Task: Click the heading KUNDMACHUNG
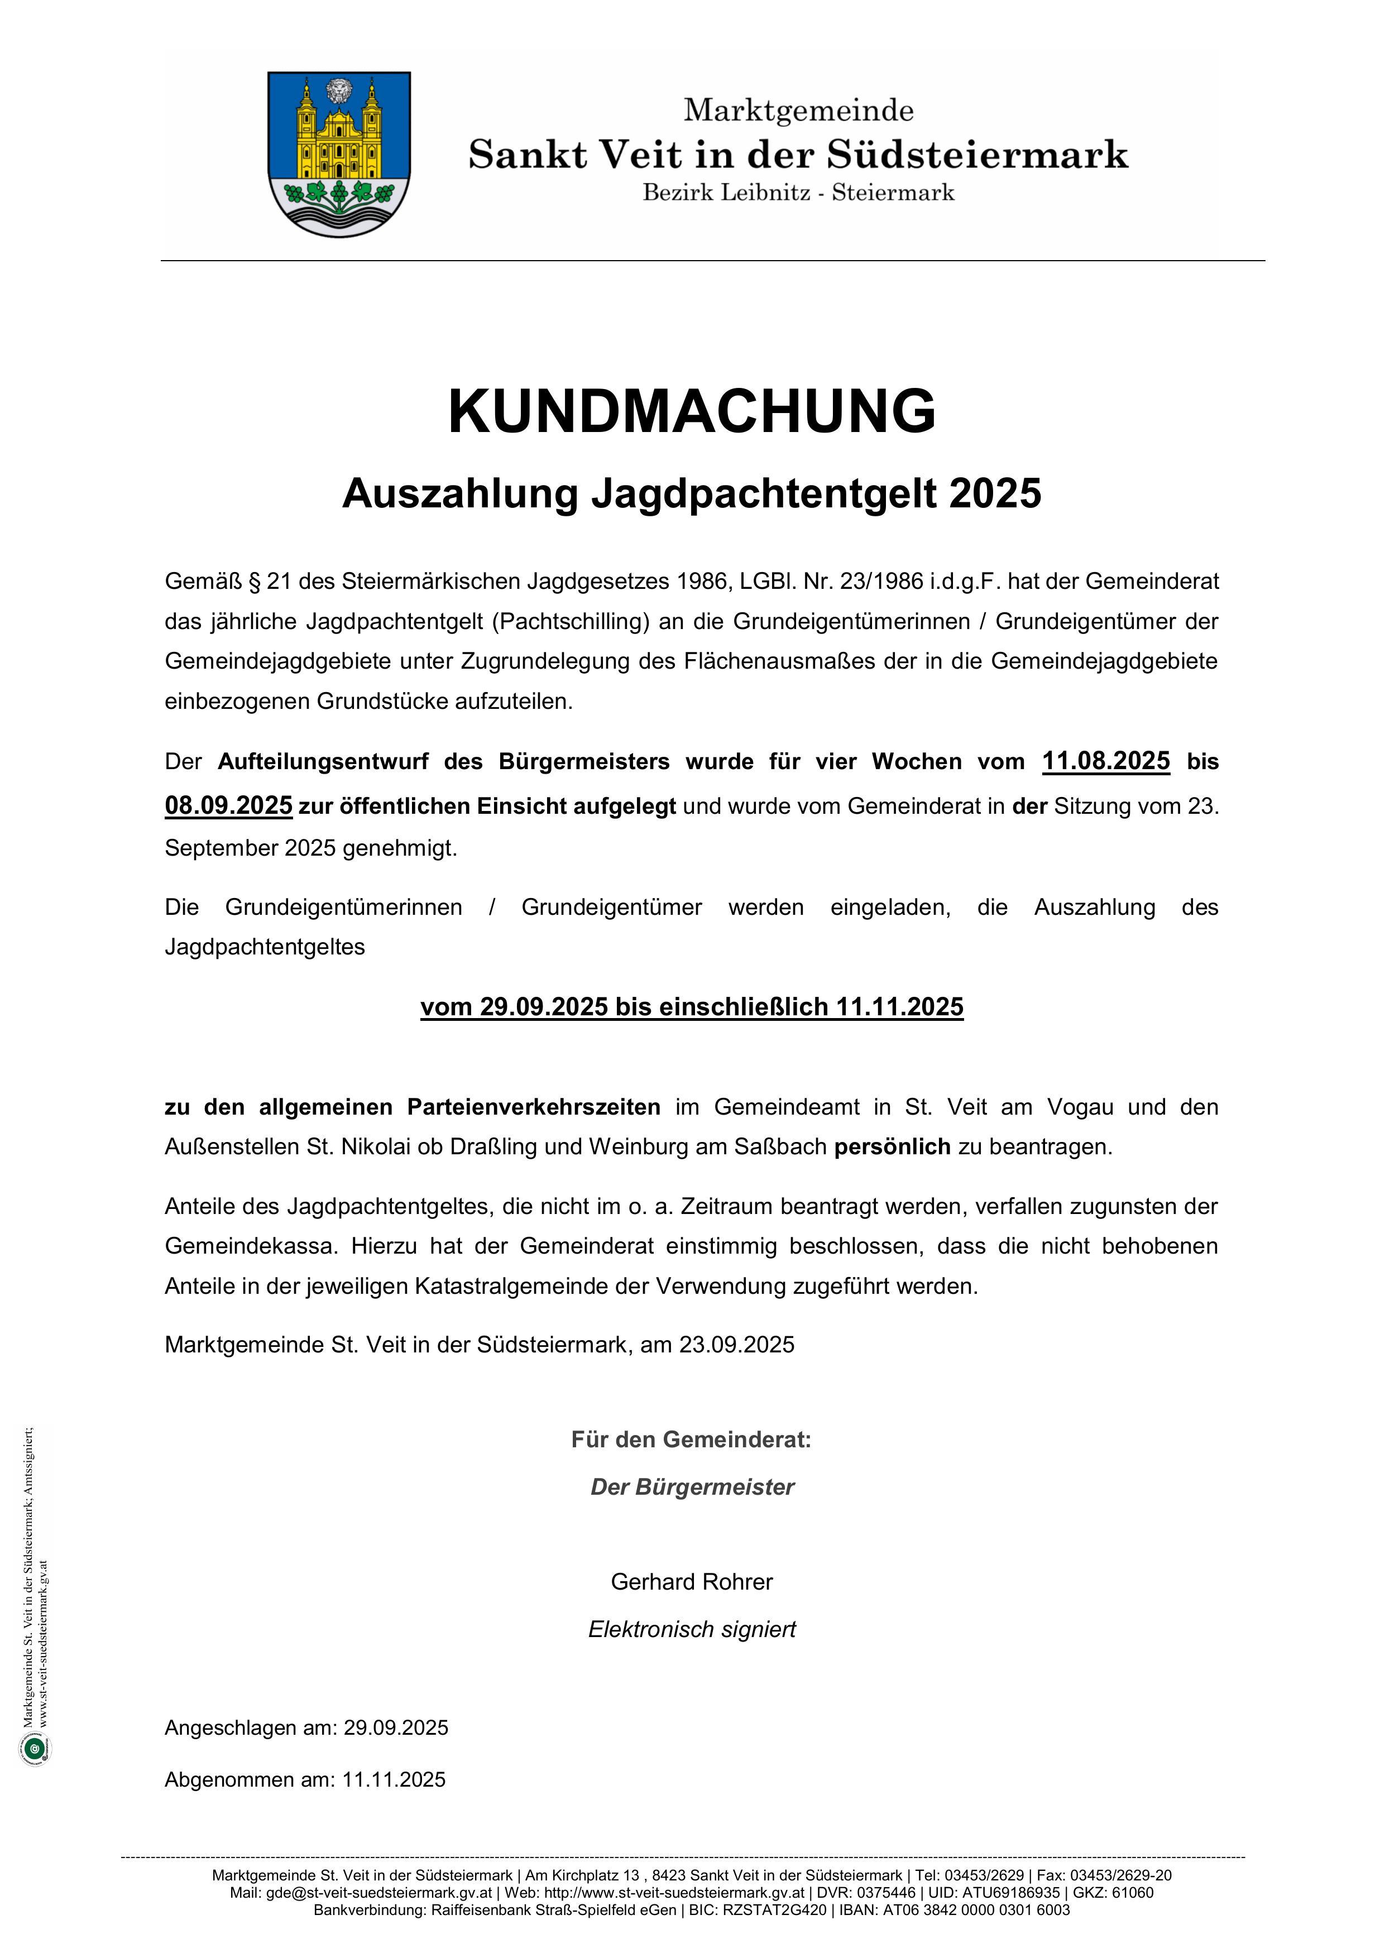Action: tap(692, 412)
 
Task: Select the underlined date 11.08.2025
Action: tap(1105, 761)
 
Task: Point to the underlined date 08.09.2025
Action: tap(228, 805)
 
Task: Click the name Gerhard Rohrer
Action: tap(692, 1582)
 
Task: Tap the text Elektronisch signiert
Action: tap(692, 1630)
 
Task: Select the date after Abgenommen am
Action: tap(394, 1780)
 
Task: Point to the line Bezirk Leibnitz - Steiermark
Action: tap(798, 193)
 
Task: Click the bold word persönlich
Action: tap(892, 1147)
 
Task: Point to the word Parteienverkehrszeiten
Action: tap(533, 1107)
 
